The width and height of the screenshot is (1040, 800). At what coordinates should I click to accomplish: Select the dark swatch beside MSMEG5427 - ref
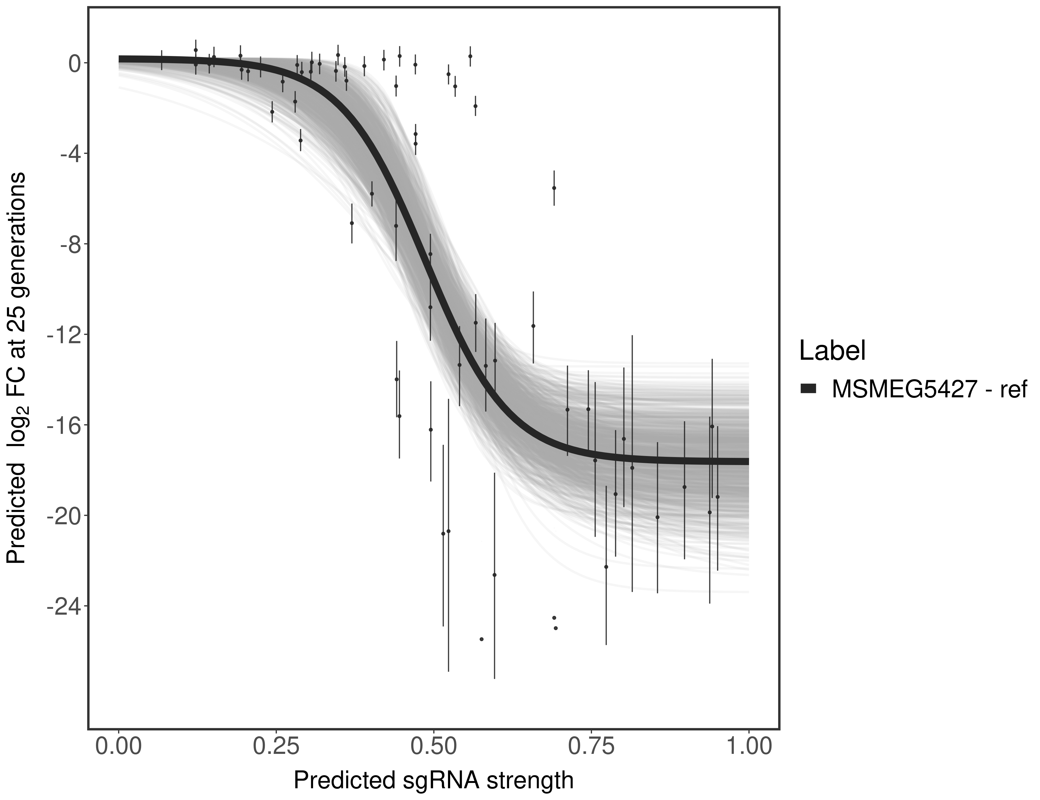(809, 389)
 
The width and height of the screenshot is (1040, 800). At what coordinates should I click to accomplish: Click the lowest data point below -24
(481, 639)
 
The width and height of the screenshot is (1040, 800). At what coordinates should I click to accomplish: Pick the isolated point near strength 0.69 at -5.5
(554, 188)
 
